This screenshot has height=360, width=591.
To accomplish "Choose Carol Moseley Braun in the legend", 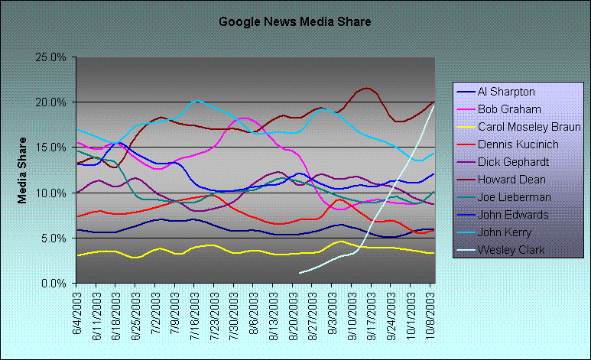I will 528,126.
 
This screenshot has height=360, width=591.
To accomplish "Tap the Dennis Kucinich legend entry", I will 518,144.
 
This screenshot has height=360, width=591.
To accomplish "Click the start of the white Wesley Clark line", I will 299,273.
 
